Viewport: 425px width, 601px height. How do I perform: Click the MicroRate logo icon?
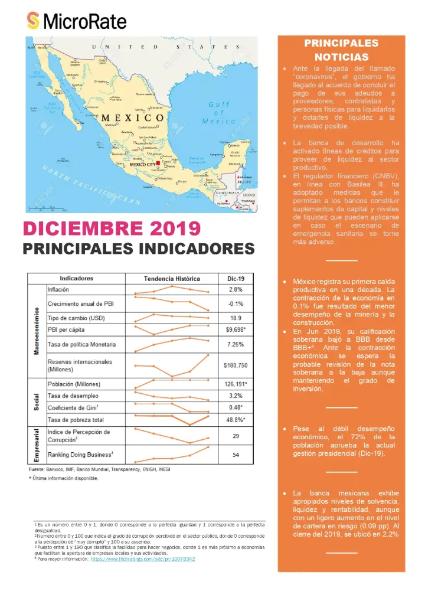(34, 22)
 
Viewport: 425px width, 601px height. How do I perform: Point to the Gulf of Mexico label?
(219, 113)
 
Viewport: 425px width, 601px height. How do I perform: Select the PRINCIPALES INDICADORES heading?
(139, 249)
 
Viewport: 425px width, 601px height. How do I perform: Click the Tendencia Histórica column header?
(172, 279)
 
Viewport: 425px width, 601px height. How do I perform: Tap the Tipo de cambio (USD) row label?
(74, 316)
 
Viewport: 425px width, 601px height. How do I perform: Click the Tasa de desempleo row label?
(73, 396)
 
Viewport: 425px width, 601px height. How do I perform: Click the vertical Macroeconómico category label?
(37, 331)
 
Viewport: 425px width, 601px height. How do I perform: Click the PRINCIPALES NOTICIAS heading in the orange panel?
(341, 50)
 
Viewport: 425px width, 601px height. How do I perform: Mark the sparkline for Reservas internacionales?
(172, 365)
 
